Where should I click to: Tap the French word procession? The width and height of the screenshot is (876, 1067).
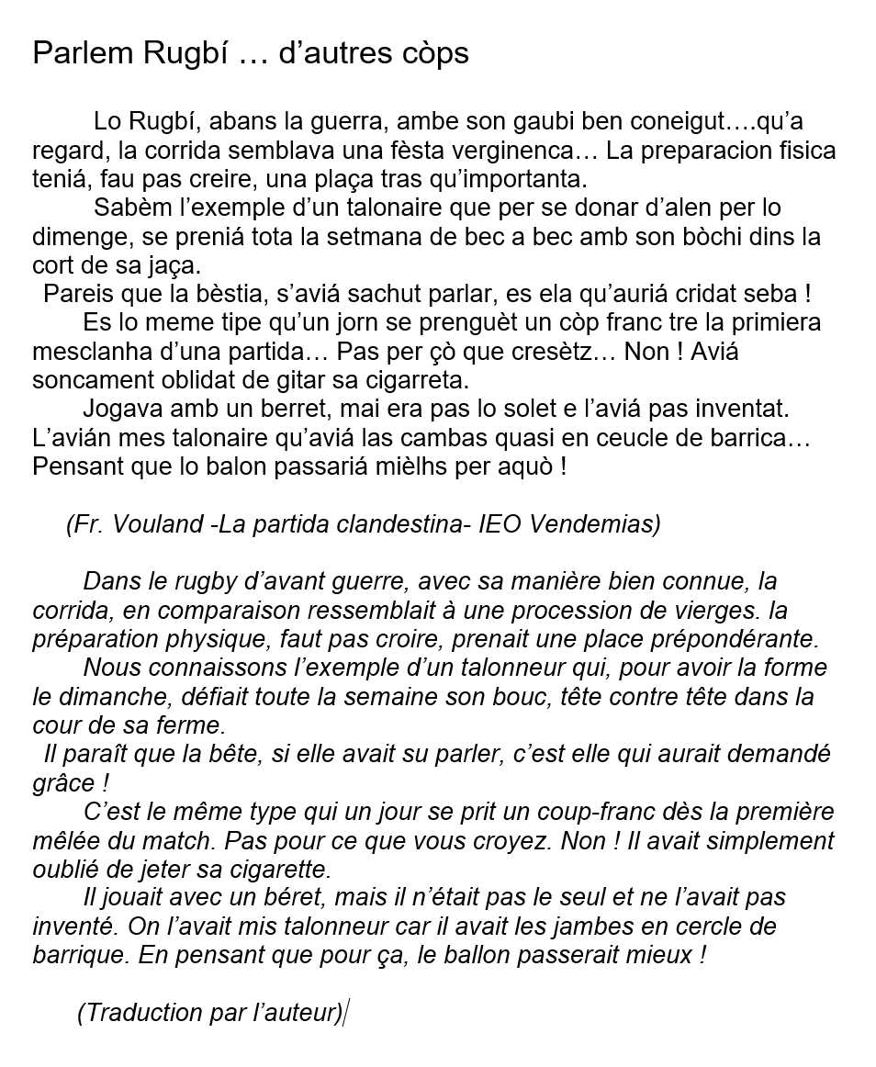click(573, 611)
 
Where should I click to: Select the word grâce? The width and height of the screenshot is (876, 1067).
click(61, 783)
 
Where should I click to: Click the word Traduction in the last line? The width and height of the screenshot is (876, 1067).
click(134, 1013)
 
